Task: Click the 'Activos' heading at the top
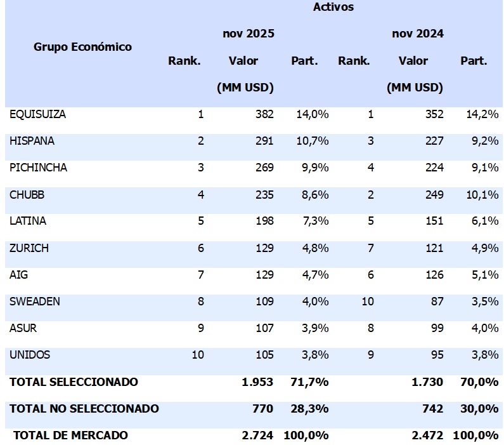point(333,8)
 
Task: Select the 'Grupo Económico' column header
point(82,47)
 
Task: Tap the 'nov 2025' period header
point(248,34)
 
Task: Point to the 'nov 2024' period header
point(417,34)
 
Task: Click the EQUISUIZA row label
point(37,115)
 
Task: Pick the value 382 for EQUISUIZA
point(264,115)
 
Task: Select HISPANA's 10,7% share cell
point(312,142)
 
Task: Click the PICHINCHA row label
point(38,168)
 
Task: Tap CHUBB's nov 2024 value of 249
point(434,195)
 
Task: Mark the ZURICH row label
point(29,248)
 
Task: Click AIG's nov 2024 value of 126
point(434,275)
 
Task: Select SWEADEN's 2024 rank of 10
point(367,302)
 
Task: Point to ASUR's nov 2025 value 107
point(264,328)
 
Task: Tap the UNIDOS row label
point(30,355)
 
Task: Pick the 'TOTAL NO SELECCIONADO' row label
point(84,409)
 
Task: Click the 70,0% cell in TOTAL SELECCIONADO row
point(479,382)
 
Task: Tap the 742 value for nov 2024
point(434,409)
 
